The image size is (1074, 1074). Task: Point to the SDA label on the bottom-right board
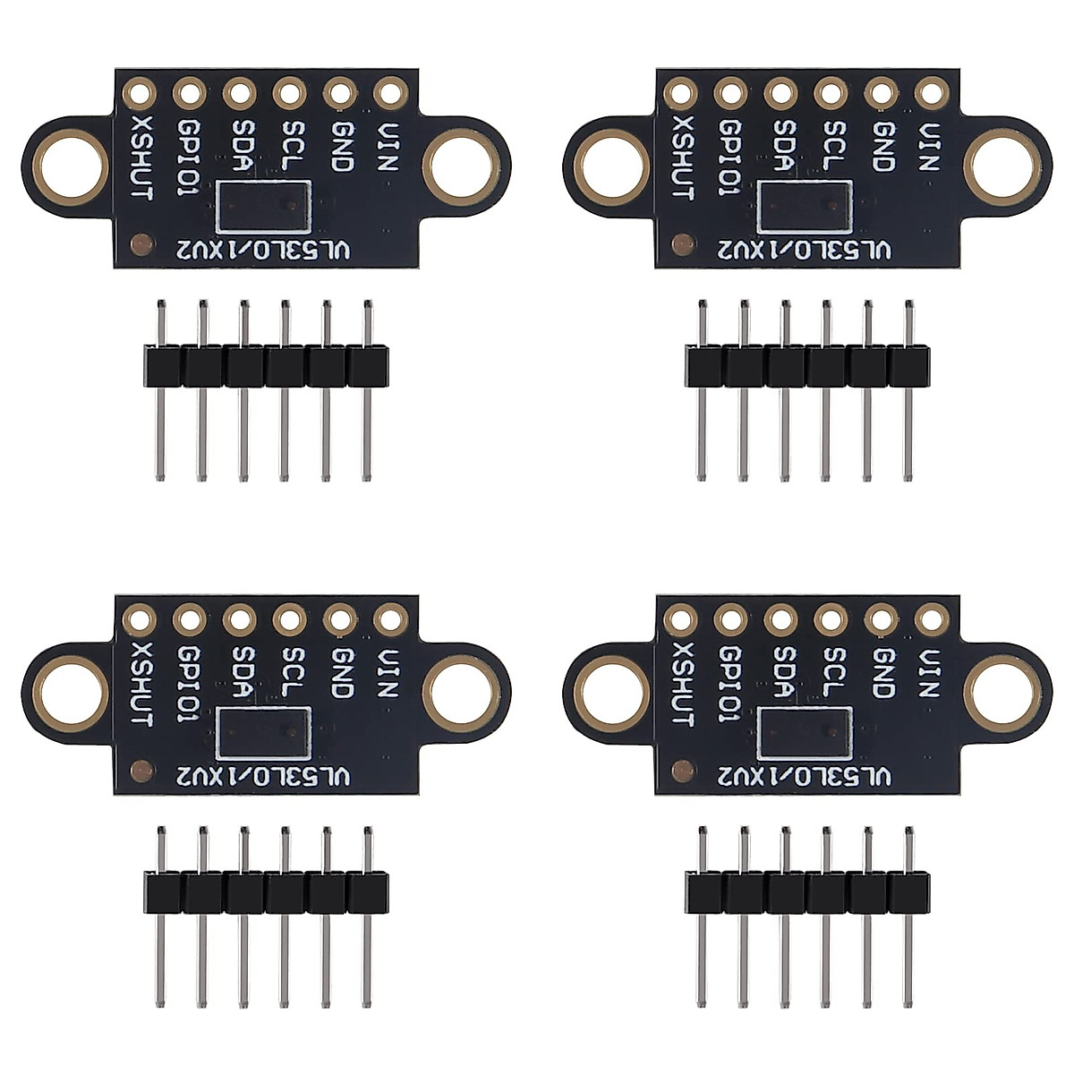(781, 673)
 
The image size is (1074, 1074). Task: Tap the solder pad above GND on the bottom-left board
(339, 618)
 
